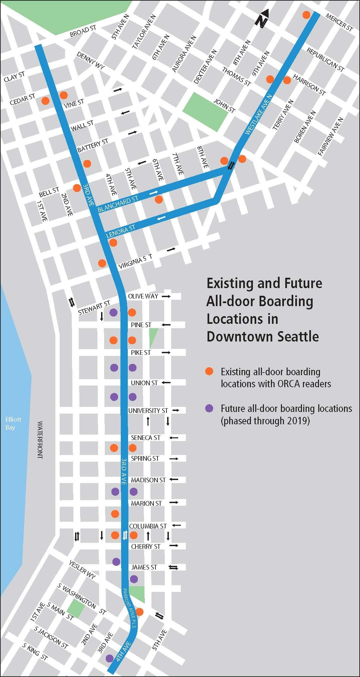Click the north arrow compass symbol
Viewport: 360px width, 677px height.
click(x=263, y=18)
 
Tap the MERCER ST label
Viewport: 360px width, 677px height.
click(x=339, y=22)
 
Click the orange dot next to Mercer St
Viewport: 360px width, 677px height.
click(x=306, y=15)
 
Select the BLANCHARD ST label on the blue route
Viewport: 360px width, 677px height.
click(x=118, y=204)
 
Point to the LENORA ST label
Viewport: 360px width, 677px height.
click(x=120, y=231)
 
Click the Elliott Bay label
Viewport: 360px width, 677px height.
click(x=13, y=423)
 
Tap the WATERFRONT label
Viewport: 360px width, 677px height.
click(x=40, y=440)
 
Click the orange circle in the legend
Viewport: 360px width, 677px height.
click(x=209, y=371)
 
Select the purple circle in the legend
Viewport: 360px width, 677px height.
click(x=209, y=408)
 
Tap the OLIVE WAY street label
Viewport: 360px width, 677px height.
click(x=143, y=296)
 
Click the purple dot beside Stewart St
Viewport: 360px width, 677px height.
click(x=113, y=312)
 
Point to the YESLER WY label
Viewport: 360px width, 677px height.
click(x=82, y=570)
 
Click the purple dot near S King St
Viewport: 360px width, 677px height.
click(x=109, y=658)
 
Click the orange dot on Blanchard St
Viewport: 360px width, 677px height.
click(x=159, y=200)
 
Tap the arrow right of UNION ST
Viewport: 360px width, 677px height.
click(x=166, y=383)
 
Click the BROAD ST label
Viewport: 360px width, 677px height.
click(x=83, y=32)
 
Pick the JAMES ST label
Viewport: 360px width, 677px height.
click(x=144, y=567)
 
